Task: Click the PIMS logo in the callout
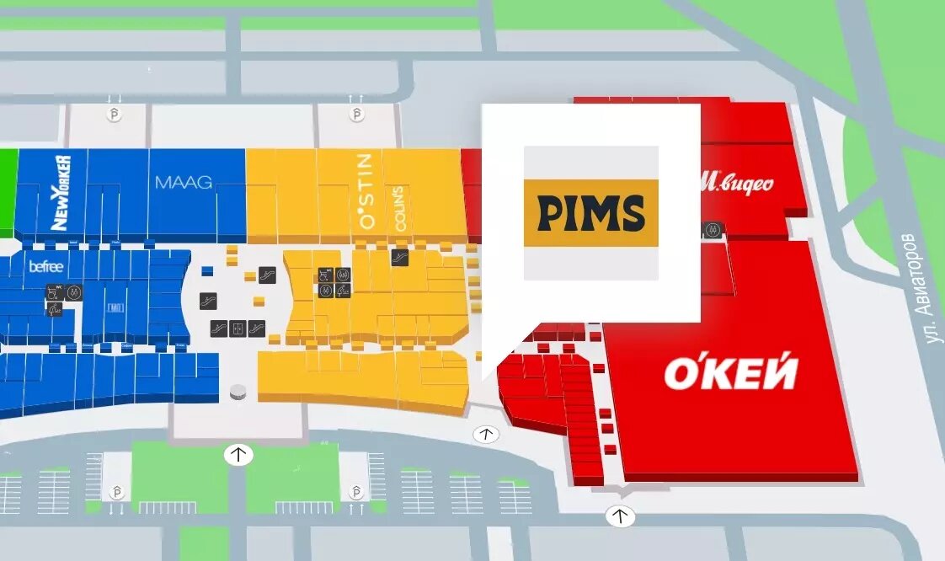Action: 590,213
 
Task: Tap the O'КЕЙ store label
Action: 730,373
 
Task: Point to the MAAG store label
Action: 183,181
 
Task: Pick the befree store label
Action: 46,267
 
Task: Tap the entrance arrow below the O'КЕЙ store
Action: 621,516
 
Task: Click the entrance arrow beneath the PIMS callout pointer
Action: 485,435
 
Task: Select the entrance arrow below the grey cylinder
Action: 238,455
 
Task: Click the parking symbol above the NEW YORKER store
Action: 115,114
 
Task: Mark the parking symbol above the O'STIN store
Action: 357,114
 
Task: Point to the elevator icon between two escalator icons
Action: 238,328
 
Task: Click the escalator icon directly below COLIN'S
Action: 400,257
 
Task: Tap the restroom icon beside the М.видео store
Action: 712,228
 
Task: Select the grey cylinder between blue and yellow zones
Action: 239,393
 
